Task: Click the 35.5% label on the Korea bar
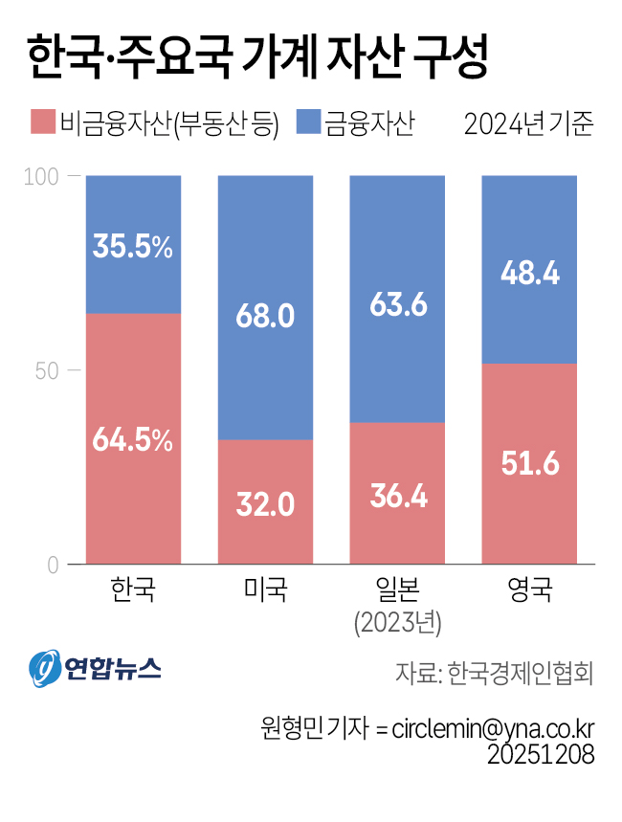[133, 246]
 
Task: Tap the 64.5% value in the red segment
[133, 440]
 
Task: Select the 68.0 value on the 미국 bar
[265, 316]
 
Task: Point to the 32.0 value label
[265, 503]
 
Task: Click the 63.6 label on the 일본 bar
[397, 304]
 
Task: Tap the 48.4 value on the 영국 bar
[529, 275]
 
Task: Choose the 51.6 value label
[529, 465]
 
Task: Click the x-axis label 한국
[133, 589]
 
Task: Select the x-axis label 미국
[265, 589]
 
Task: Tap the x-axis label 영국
[529, 589]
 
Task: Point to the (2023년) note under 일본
[397, 623]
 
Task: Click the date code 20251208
[541, 754]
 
